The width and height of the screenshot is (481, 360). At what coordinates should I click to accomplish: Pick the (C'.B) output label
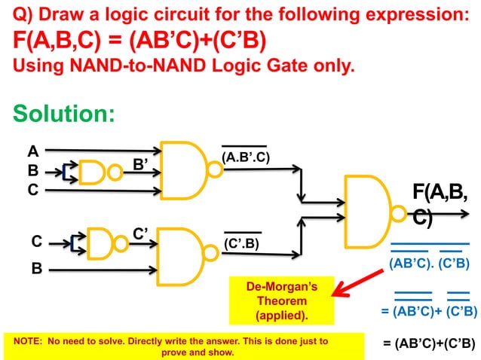pyautogui.click(x=242, y=243)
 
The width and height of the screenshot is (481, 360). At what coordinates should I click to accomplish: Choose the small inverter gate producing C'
pyautogui.click(x=103, y=241)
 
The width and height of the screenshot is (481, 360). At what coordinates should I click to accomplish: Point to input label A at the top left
pyautogui.click(x=32, y=151)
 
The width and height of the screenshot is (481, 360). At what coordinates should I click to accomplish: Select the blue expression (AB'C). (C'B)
pyautogui.click(x=430, y=264)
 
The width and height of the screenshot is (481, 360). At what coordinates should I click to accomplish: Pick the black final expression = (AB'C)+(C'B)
pyautogui.click(x=429, y=343)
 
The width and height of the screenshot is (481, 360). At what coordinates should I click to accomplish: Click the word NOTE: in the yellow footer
pyautogui.click(x=26, y=341)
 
